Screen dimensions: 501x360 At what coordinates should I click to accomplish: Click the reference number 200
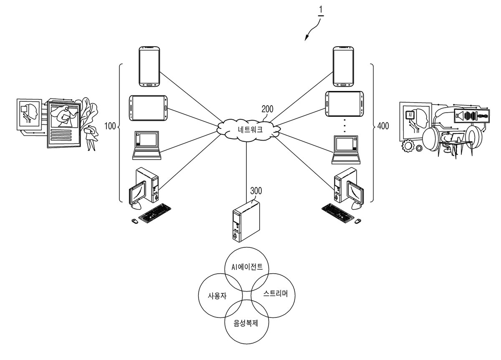point(267,109)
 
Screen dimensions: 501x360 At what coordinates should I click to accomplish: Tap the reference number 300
point(256,191)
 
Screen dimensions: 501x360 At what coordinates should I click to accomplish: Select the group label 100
point(110,126)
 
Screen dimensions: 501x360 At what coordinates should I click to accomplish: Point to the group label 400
point(383,126)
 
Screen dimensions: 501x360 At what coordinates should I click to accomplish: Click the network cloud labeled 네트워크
point(248,130)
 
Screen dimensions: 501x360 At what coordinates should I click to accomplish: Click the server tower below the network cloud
point(246,221)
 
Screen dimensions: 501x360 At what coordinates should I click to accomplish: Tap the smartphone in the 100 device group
point(149,66)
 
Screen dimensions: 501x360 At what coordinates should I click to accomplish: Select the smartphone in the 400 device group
point(343,66)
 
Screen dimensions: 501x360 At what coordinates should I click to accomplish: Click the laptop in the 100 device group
point(147,145)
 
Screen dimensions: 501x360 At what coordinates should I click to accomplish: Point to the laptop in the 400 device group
point(346,150)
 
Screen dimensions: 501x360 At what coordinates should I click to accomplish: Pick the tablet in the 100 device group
point(148,108)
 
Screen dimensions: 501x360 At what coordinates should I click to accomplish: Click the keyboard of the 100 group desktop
point(155,213)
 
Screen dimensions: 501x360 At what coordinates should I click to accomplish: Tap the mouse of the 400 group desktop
point(358,221)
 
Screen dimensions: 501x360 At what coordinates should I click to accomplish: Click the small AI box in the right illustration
point(410,115)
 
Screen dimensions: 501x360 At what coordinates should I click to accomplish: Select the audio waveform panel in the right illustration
point(472,116)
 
